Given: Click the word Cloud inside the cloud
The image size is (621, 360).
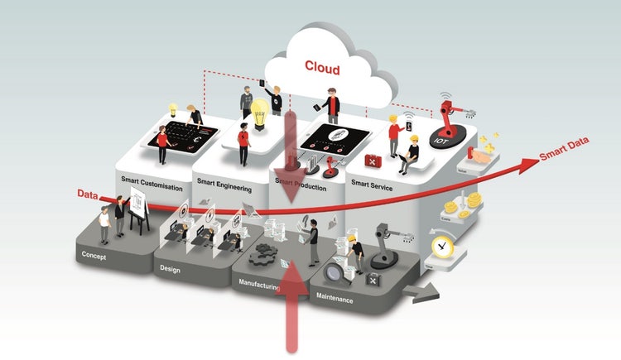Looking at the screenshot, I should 322,66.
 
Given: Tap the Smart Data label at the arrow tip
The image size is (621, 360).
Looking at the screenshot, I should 562,155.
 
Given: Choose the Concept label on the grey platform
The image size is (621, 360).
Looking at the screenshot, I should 94,257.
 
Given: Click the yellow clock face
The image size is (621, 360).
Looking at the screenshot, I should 443,247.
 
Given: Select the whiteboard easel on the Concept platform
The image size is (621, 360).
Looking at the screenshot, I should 137,204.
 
